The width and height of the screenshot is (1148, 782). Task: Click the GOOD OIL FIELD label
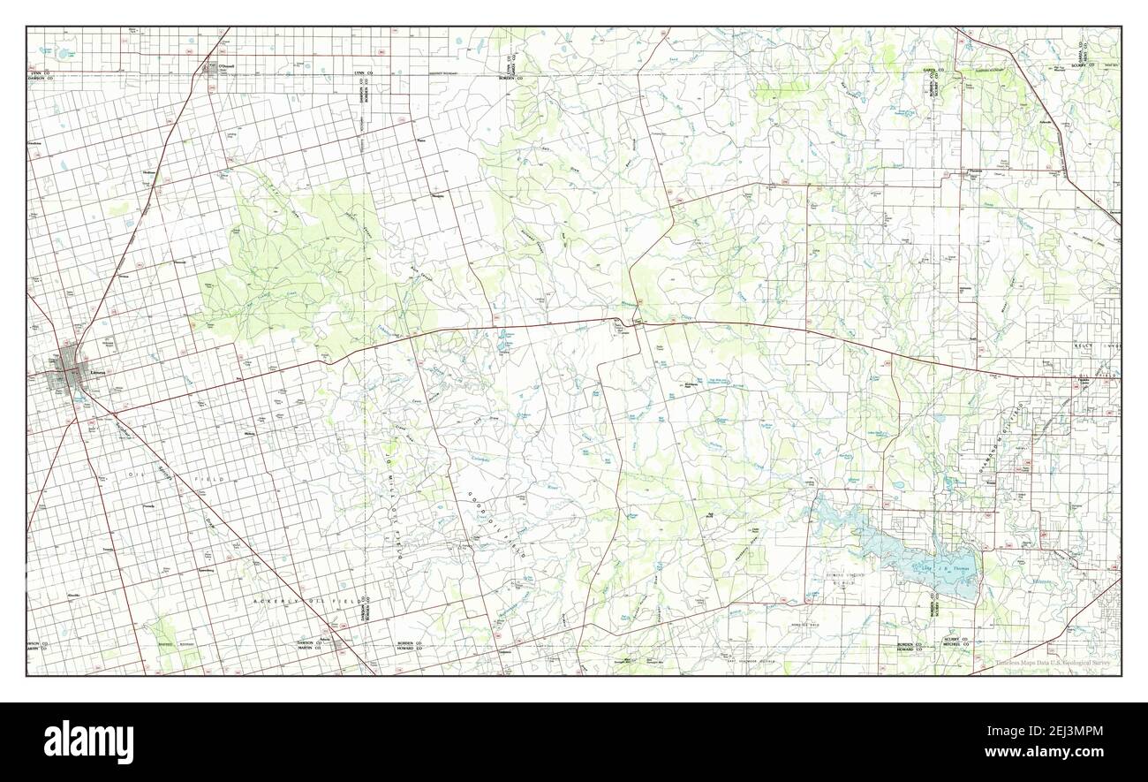click(497, 521)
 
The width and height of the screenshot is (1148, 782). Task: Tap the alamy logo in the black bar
click(88, 740)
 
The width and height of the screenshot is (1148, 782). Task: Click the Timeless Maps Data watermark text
click(1056, 663)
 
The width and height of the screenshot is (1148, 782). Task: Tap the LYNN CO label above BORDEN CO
click(510, 63)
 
